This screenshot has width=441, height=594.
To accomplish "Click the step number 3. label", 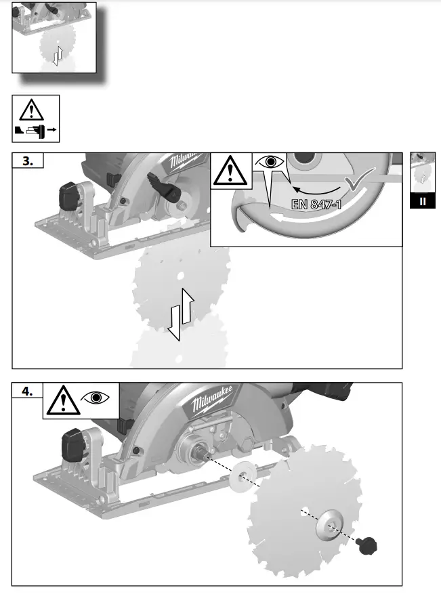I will [28, 161].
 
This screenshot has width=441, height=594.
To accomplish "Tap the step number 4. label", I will [28, 391].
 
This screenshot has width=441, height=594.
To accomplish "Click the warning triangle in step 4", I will [62, 400].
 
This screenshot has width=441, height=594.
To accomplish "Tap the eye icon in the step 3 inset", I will [271, 163].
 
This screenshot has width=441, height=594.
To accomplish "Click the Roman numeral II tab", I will [423, 202].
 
